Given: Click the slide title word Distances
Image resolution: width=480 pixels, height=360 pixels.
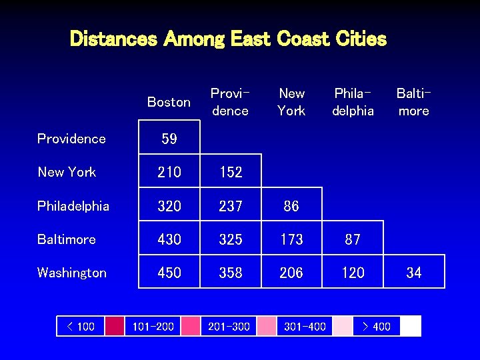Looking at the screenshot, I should [113, 39].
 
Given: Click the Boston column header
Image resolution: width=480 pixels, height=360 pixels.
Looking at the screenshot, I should [169, 102].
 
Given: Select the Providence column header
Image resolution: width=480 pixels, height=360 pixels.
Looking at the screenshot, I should [230, 102].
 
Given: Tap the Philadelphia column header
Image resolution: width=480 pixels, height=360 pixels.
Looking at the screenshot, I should [353, 102].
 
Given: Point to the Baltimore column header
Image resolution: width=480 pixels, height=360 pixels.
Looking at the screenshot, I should [413, 102].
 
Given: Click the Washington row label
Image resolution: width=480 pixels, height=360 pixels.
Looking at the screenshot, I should [72, 273].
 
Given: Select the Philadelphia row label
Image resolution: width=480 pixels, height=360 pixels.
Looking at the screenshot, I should [73, 206].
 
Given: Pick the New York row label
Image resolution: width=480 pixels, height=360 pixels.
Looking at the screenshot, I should [67, 172].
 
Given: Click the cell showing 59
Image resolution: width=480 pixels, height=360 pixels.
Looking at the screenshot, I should [169, 139].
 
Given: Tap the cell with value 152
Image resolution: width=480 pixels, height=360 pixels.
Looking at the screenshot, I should [231, 172].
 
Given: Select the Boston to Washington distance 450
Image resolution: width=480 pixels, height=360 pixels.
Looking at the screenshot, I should [169, 273].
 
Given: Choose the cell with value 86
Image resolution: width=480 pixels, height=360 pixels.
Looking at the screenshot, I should [291, 206].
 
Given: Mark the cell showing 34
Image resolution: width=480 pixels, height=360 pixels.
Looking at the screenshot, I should [414, 273].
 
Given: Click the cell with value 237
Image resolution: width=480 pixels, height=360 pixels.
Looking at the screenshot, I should [231, 206].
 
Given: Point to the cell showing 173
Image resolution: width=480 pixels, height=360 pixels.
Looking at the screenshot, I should [291, 239].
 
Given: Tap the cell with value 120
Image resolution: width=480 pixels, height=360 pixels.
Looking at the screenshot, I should [353, 273].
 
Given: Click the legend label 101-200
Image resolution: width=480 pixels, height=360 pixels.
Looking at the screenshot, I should [153, 326].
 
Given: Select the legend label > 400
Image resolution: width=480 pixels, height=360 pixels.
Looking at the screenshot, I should [376, 326].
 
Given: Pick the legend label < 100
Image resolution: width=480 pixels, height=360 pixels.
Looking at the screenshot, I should [81, 326].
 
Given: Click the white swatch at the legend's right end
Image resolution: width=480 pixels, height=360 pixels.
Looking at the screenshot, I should [411, 326].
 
